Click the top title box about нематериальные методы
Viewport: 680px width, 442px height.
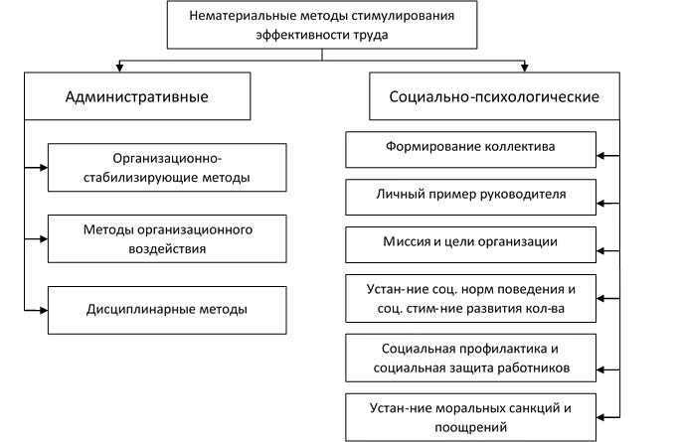point(320,24)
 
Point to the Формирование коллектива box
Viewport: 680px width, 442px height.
point(470,147)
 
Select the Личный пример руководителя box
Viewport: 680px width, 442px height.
point(470,195)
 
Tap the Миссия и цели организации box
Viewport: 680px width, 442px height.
point(470,242)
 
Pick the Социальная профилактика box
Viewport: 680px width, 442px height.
point(470,358)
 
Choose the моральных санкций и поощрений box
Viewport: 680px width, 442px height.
point(470,417)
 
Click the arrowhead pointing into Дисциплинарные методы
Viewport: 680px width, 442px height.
point(43,310)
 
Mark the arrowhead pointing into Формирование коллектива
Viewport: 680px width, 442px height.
point(600,156)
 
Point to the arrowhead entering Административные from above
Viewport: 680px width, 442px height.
point(119,68)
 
